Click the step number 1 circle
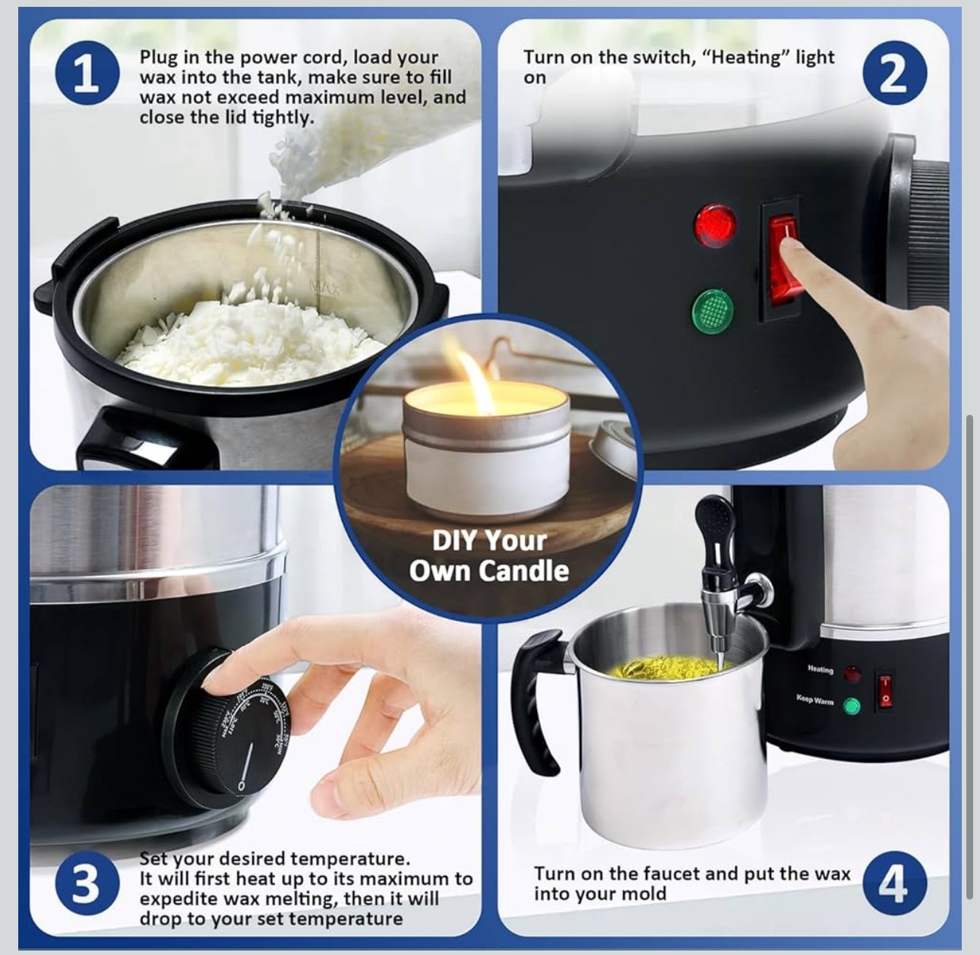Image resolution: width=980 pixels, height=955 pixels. point(87,72)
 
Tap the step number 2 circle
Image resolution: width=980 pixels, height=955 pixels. point(894,72)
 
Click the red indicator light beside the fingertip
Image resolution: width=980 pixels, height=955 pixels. point(715,226)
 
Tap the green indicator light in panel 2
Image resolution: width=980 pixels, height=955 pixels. point(713,308)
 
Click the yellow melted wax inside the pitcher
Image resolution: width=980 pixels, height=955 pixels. point(665,667)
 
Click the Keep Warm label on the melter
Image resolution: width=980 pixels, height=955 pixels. point(815,700)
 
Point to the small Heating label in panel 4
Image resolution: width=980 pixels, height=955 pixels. point(820,669)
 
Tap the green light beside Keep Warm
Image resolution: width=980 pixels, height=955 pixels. point(852,706)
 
